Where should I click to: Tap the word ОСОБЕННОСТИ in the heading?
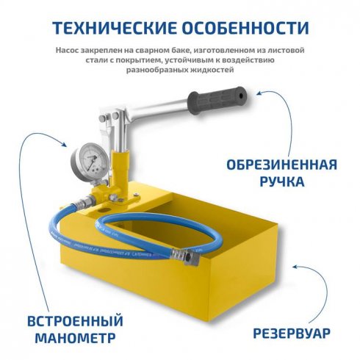click(246, 29)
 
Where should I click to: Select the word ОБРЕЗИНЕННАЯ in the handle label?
click(281, 162)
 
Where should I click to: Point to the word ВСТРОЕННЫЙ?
click(74, 321)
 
